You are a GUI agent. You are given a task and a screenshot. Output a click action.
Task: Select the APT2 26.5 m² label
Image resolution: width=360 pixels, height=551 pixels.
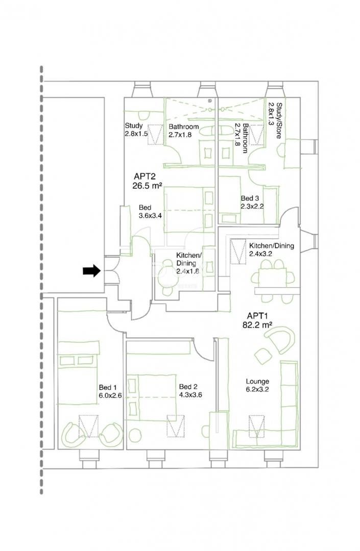pos(147,181)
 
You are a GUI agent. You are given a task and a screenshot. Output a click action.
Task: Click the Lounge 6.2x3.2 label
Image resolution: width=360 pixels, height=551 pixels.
pos(257,385)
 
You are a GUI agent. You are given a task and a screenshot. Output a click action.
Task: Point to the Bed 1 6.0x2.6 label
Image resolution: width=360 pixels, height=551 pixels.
pos(110,391)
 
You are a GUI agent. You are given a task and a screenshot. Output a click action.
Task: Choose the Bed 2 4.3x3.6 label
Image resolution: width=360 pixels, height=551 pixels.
pos(190,391)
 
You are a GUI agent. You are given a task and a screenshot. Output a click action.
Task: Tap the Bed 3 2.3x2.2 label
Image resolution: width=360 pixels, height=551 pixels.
pos(252,203)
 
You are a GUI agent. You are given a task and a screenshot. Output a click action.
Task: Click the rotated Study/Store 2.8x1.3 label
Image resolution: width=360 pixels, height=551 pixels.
pos(275,120)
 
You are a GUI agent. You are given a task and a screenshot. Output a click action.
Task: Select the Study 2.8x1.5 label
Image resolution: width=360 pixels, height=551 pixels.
pos(136,129)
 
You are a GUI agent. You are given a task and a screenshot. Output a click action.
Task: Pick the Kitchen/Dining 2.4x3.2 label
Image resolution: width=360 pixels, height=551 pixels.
pos(272,249)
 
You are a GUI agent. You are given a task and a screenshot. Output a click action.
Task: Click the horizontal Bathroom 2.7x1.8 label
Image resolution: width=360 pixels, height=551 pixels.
pos(183,131)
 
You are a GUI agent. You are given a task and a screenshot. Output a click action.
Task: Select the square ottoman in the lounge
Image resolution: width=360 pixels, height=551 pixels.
pos(263,356)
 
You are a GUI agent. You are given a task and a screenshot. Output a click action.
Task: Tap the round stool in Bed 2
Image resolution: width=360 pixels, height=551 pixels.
pos(136,436)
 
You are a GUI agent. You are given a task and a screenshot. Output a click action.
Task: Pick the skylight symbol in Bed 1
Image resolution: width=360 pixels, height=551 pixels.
pos(88,426)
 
